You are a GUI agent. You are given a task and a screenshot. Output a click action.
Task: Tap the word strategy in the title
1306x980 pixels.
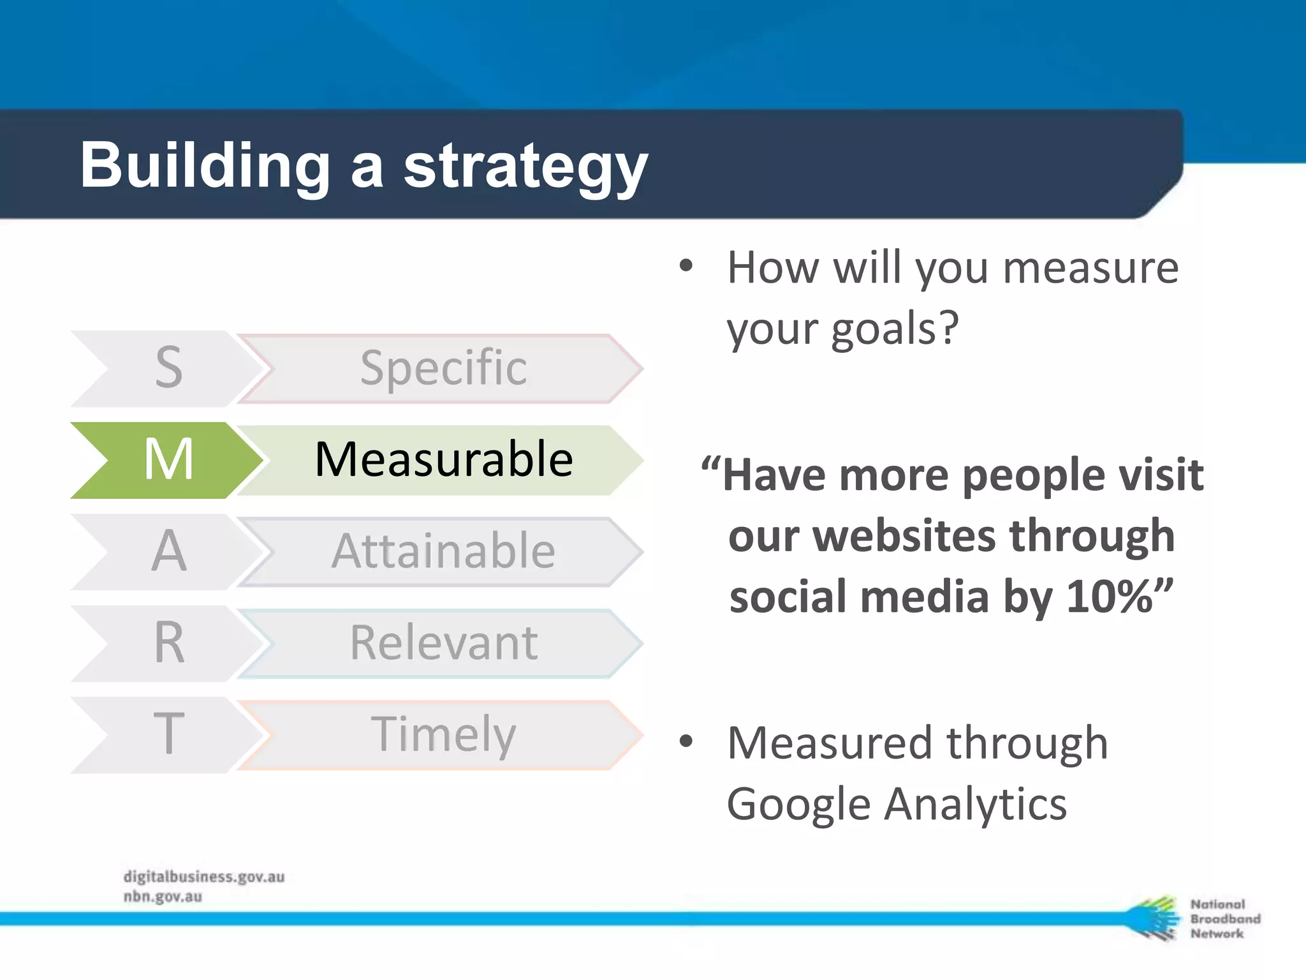tap(525, 167)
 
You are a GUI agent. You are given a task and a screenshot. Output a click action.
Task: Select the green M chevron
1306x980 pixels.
tap(167, 459)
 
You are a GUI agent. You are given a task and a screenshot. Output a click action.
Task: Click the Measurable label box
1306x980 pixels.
tap(443, 459)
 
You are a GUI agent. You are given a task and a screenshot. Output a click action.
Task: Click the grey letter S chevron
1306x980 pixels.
tap(167, 368)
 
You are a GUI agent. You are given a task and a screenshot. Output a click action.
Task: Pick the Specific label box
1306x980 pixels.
tap(443, 368)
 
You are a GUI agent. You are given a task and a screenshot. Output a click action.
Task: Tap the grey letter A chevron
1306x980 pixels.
tap(167, 551)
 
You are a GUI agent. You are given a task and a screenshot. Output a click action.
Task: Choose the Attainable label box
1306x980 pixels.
tap(443, 551)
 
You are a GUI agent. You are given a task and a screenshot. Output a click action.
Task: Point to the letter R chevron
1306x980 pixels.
tap(167, 643)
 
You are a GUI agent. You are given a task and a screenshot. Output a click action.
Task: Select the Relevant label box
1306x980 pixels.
tap(443, 643)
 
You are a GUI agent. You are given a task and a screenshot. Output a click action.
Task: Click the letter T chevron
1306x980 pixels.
tap(167, 735)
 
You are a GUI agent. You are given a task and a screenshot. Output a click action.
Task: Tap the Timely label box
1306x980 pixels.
tap(443, 735)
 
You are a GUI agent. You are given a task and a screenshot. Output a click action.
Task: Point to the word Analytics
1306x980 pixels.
tap(976, 804)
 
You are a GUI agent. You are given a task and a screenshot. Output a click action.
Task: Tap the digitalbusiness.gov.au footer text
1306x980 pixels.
tap(204, 877)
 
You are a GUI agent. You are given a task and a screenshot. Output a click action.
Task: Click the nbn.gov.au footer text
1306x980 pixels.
tap(163, 896)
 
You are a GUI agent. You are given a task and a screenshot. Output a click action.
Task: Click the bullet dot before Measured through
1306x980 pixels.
tap(686, 741)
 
